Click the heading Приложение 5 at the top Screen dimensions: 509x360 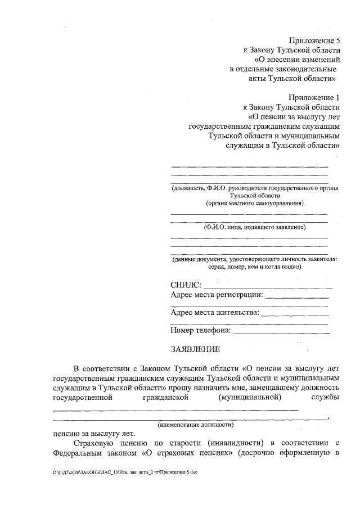pos(315,40)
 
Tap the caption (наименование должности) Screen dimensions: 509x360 pos(196,425)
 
